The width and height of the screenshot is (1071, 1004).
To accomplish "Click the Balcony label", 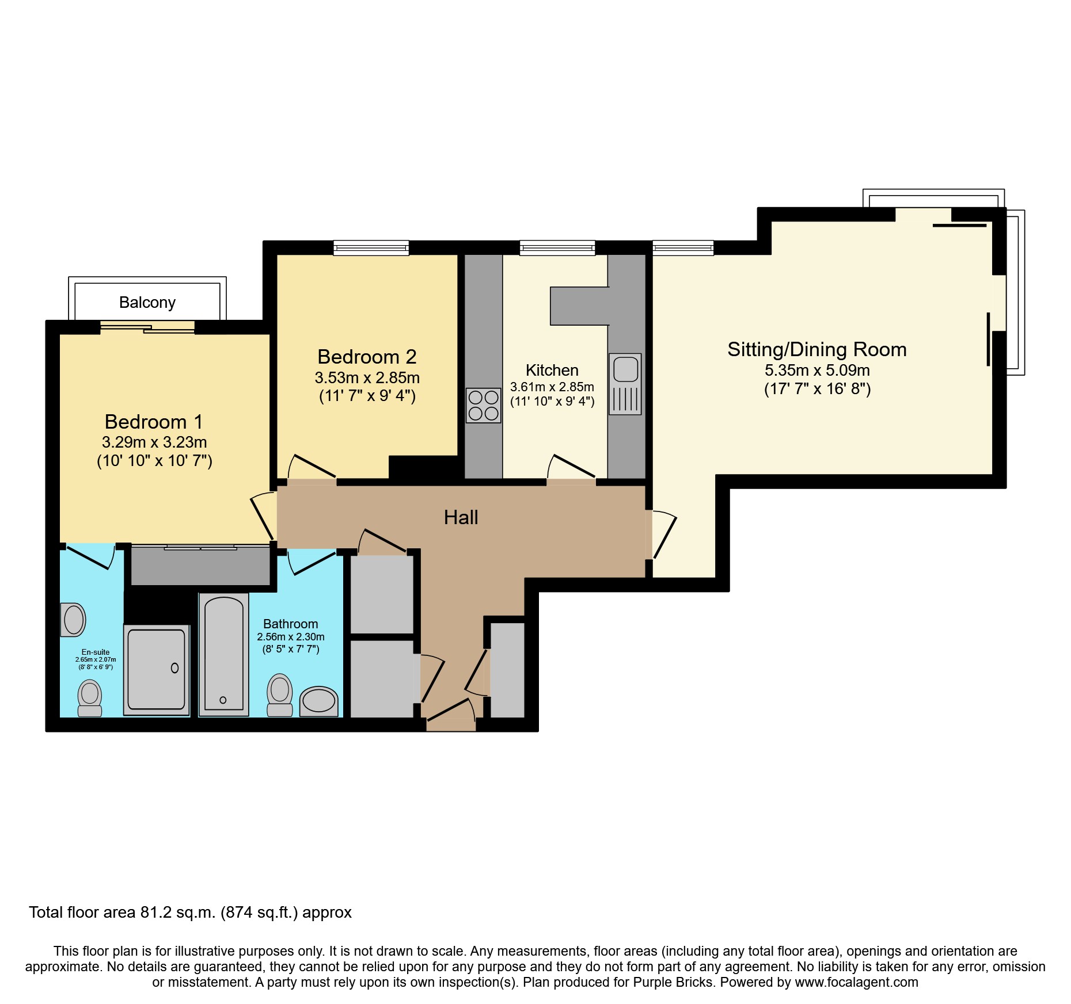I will pos(147,302).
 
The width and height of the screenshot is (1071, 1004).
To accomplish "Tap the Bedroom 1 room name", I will pos(154,422).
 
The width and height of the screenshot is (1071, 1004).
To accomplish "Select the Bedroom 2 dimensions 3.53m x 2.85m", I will pos(367,378).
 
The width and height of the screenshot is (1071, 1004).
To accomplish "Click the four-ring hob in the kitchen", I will pos(483,406).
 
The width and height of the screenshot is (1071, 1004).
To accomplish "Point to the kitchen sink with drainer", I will pos(625,384).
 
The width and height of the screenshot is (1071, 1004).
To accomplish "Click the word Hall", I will pos(461,517).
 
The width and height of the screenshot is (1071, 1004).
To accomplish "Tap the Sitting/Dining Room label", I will pos(816,349).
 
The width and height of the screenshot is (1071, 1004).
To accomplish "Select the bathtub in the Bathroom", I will pos(224,655).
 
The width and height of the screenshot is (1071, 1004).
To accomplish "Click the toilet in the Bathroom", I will pos(280,694).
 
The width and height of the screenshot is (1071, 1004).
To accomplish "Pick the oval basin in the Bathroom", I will pos(318,701).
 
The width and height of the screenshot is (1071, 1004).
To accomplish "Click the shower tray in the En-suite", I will pos(157,669).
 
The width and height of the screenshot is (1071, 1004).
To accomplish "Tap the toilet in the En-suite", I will pos(90,697).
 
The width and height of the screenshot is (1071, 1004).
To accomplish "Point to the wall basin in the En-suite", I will pos(73,620).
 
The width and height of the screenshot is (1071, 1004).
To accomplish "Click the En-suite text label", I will pos(96,652).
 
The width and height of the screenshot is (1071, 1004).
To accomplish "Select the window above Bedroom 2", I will pos(371,248).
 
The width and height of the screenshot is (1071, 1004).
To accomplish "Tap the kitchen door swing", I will pos(571,467).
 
